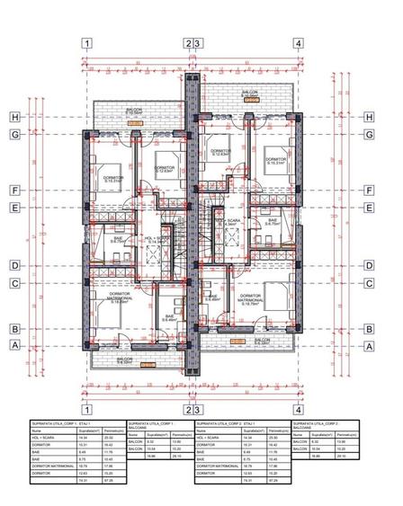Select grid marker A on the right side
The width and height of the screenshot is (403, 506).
[369, 344]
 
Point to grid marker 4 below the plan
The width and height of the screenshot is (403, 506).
[298, 409]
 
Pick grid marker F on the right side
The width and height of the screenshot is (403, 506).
[369, 191]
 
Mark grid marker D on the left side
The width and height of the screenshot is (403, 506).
[15, 265]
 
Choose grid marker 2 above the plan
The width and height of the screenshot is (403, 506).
[188, 42]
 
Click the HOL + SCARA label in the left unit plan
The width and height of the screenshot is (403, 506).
[157, 239]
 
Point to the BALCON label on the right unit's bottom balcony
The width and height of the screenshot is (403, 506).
[261, 342]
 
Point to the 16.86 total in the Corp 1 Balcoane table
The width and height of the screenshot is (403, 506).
[151, 456]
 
